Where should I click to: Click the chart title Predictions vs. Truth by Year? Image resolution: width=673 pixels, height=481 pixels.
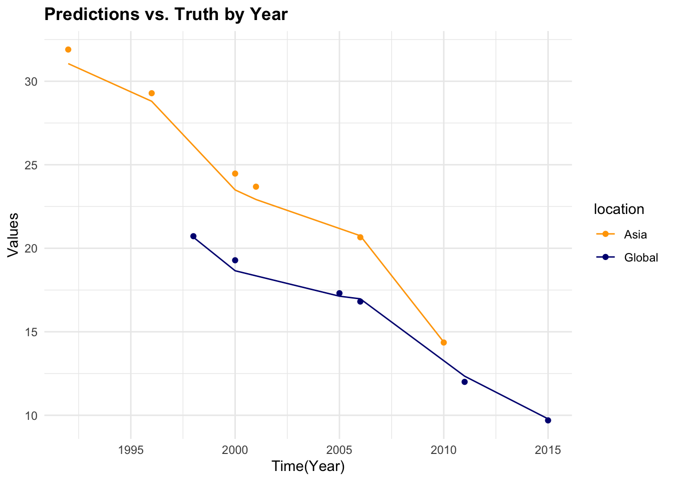coord(166,14)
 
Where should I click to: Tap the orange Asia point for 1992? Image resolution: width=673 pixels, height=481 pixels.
coord(68,50)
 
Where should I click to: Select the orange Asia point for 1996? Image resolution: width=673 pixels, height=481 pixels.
coord(152,93)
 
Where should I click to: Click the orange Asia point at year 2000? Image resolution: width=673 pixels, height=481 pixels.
coord(235,173)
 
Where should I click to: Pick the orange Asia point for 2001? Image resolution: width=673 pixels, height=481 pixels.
coord(256,187)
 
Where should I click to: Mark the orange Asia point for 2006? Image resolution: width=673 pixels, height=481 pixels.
coord(360,237)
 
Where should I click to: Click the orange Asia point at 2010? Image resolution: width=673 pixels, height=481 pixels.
coord(444,342)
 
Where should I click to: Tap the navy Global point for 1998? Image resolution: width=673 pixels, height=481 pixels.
coord(193,236)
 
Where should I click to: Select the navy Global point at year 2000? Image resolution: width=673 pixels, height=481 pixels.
coord(235,260)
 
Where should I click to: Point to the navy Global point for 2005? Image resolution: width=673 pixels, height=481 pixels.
coord(340,293)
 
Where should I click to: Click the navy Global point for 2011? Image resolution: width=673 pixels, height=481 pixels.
coord(464,382)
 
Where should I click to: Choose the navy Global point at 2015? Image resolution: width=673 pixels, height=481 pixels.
coord(548,420)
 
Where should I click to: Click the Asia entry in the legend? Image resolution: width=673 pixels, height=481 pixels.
coord(635,234)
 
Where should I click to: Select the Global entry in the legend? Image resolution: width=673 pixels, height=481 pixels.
coord(640,258)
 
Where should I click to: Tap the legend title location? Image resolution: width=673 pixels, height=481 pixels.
coord(618,209)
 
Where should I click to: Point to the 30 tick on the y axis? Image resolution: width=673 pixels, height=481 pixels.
coord(31,82)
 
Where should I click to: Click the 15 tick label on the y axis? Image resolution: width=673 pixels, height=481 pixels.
coord(31,332)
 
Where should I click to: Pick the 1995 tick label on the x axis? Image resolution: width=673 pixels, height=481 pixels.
coord(131,450)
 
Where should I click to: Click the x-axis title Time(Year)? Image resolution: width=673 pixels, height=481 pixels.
coord(308,467)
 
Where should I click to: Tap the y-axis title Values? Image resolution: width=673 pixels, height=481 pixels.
coord(14,235)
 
